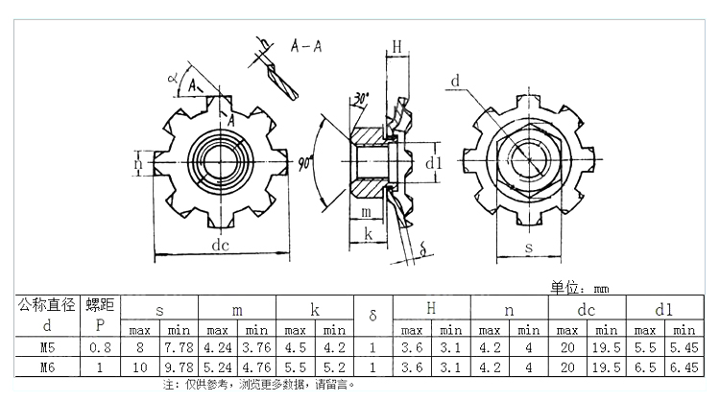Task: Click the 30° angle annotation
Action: pyautogui.click(x=360, y=99)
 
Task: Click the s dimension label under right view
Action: pyautogui.click(x=529, y=247)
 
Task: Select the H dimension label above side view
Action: pyautogui.click(x=396, y=45)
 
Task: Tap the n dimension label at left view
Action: pyautogui.click(x=139, y=164)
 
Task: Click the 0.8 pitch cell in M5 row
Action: pyautogui.click(x=99, y=347)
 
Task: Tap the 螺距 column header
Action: pyautogui.click(x=99, y=305)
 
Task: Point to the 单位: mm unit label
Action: pyautogui.click(x=579, y=287)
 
